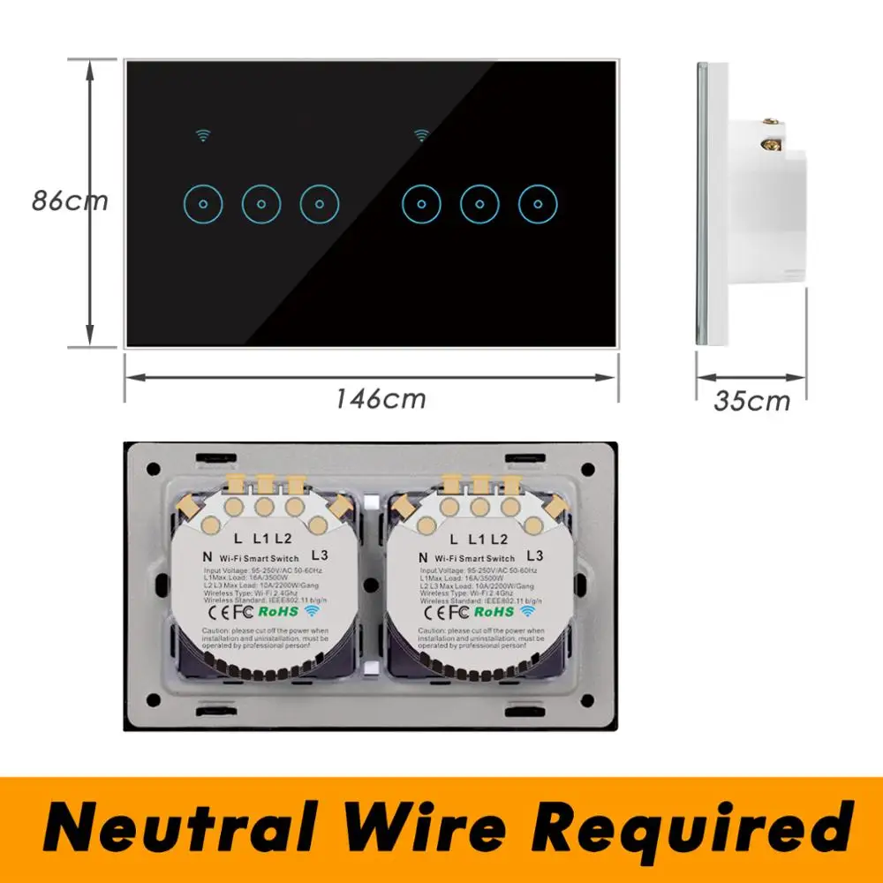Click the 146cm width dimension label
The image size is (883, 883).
pos(380,398)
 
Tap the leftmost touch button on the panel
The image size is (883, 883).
pos(203,205)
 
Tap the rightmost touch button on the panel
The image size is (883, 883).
pos(538,205)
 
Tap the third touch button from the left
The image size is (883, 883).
pos(319,205)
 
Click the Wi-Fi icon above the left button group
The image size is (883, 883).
pos(205,136)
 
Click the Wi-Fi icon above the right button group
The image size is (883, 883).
pos(422,136)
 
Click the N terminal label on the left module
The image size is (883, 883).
pos(206,557)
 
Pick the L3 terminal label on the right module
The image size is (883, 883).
pos(534,556)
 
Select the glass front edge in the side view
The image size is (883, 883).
pos(703,203)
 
